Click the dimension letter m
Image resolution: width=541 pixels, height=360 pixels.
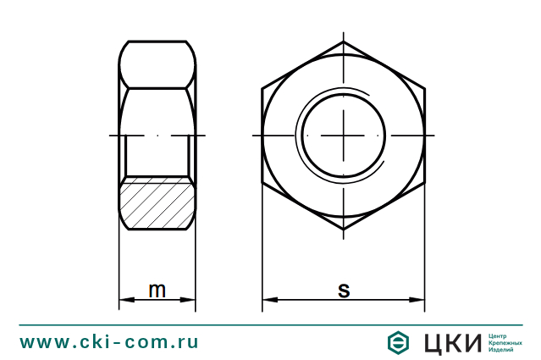click(x=157, y=290)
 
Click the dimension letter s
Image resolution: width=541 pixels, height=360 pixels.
click(x=344, y=290)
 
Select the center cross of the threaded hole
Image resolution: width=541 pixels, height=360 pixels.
click(x=344, y=136)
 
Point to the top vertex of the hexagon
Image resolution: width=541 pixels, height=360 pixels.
click(x=344, y=42)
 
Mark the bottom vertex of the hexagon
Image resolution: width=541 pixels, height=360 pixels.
click(x=344, y=230)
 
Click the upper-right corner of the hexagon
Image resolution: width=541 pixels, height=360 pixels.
click(x=424, y=88)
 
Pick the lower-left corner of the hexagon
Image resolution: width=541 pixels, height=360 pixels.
click(x=262, y=183)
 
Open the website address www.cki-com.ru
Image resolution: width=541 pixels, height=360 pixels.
click(x=109, y=341)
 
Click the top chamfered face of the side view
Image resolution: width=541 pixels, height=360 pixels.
click(x=157, y=64)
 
